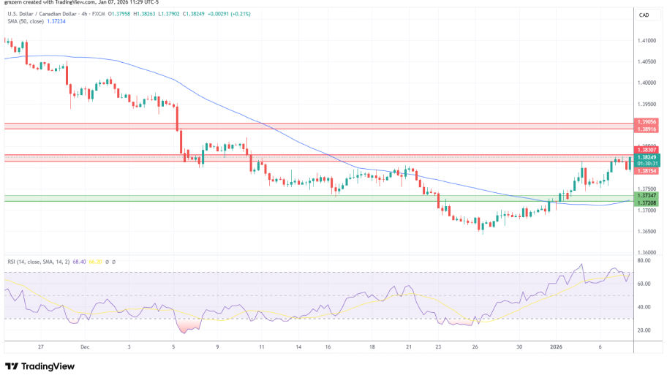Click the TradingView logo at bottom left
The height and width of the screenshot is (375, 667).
[x=42, y=366]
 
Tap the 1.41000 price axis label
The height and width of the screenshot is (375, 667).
[x=647, y=41]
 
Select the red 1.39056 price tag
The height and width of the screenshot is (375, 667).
[x=647, y=121]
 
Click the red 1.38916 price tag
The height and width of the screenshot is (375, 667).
[x=647, y=128]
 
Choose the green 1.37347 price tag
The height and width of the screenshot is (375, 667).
[x=647, y=196]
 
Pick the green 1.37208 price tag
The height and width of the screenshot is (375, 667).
[x=647, y=202]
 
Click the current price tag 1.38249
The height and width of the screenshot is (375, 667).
[x=647, y=157]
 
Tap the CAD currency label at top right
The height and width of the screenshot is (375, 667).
[x=644, y=15]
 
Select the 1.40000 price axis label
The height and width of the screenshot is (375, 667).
[x=647, y=83]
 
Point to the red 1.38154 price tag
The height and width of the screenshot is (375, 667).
[x=647, y=171]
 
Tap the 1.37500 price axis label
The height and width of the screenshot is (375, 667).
[x=647, y=189]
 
